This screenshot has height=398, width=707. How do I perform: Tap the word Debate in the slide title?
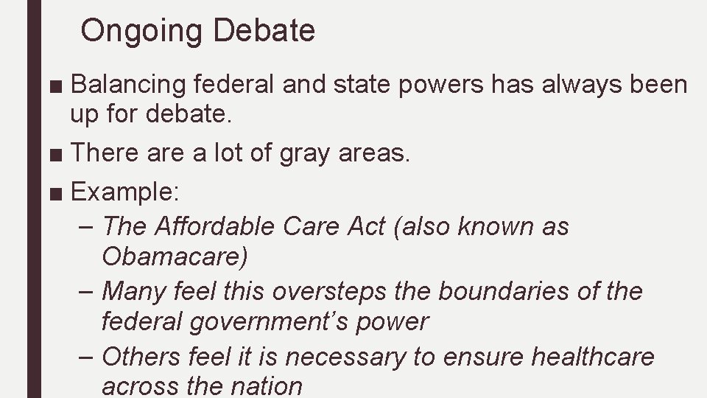[x=264, y=30]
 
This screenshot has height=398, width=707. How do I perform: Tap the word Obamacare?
[x=175, y=258]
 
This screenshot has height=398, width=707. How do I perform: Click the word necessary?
[x=345, y=357]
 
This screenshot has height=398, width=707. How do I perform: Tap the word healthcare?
[x=592, y=357]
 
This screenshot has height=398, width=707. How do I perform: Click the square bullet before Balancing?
[x=57, y=86]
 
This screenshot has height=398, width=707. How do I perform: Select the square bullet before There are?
[x=57, y=154]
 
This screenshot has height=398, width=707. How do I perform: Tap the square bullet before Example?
[x=57, y=193]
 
